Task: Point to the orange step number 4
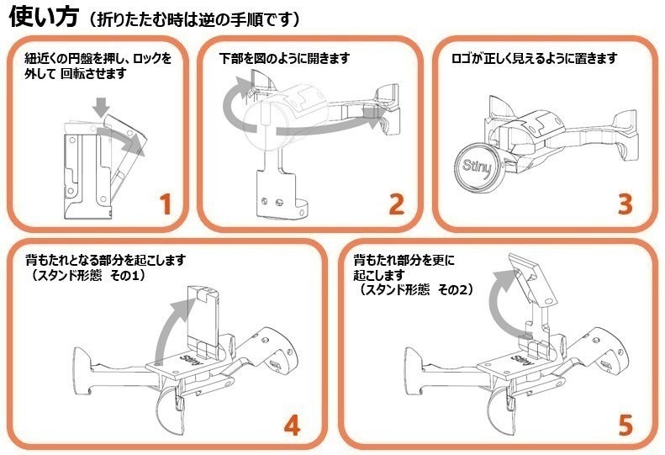(291, 425)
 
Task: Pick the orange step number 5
(624, 425)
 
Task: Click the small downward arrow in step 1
(102, 107)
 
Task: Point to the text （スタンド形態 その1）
(88, 275)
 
